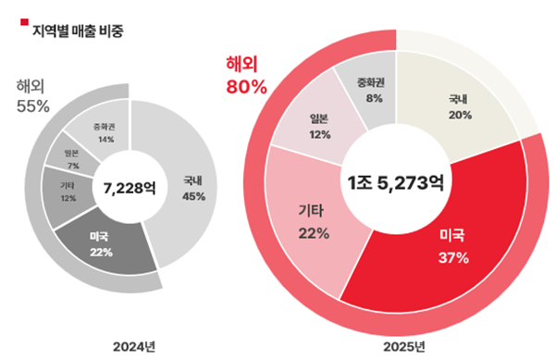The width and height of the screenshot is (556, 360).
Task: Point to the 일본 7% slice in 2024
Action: pyautogui.click(x=71, y=156)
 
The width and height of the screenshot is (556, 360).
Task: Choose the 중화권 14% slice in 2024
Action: pyautogui.click(x=104, y=131)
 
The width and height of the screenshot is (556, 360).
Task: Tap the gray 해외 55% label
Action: pyautogui.click(x=32, y=96)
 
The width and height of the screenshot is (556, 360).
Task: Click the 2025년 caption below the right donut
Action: pyautogui.click(x=404, y=346)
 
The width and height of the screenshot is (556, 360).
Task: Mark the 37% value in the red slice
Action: pyautogui.click(x=453, y=257)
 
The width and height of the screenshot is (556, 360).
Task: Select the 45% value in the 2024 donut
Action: pyautogui.click(x=193, y=196)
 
